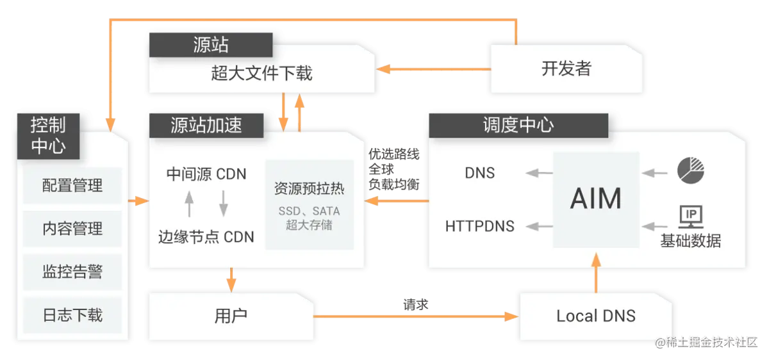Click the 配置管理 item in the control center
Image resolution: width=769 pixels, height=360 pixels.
pyautogui.click(x=72, y=186)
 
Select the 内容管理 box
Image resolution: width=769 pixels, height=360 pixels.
pyautogui.click(x=72, y=229)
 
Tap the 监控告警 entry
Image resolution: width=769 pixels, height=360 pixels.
pyautogui.click(x=72, y=272)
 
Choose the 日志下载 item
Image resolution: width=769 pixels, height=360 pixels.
pyautogui.click(x=72, y=315)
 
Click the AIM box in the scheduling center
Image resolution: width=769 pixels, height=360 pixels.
pyautogui.click(x=596, y=199)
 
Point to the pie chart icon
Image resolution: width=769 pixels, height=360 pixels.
pyautogui.click(x=691, y=170)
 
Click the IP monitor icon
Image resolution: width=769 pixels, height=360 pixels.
pyautogui.click(x=691, y=217)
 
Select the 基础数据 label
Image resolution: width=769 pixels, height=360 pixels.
pyautogui.click(x=691, y=241)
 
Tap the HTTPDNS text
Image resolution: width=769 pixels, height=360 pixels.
pyautogui.click(x=479, y=226)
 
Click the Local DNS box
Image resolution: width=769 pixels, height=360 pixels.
pyautogui.click(x=596, y=316)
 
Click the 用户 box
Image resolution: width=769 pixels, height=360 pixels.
pyautogui.click(x=231, y=316)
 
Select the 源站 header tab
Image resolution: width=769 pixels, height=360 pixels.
pyautogui.click(x=211, y=45)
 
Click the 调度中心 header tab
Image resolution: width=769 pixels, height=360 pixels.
pyautogui.click(x=518, y=124)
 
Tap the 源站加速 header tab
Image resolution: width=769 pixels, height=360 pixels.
pyautogui.click(x=206, y=125)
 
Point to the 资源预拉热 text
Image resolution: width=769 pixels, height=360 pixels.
pyautogui.click(x=310, y=189)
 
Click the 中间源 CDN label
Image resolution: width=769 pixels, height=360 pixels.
pyautogui.click(x=206, y=174)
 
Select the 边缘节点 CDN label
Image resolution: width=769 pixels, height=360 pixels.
pyautogui.click(x=206, y=236)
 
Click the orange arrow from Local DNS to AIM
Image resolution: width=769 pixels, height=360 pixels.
pyautogui.click(x=596, y=272)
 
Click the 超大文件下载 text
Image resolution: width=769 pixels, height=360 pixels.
pyautogui.click(x=261, y=73)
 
